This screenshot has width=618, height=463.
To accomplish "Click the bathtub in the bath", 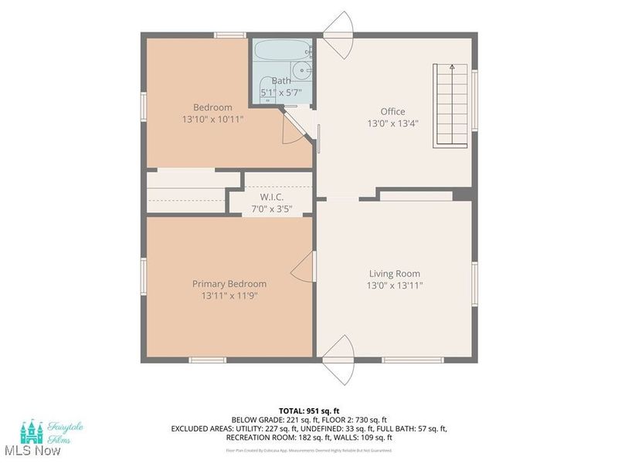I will click(283, 52).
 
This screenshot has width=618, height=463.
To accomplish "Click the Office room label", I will click(392, 111).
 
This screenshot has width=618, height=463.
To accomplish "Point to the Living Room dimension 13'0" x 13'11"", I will click(395, 286).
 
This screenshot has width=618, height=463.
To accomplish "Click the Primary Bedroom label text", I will click(229, 284).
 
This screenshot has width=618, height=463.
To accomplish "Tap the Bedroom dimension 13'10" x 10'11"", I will click(212, 120).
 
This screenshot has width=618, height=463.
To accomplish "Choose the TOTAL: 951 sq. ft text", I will click(308, 410).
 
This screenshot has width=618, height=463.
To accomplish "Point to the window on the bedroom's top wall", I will click(229, 35).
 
